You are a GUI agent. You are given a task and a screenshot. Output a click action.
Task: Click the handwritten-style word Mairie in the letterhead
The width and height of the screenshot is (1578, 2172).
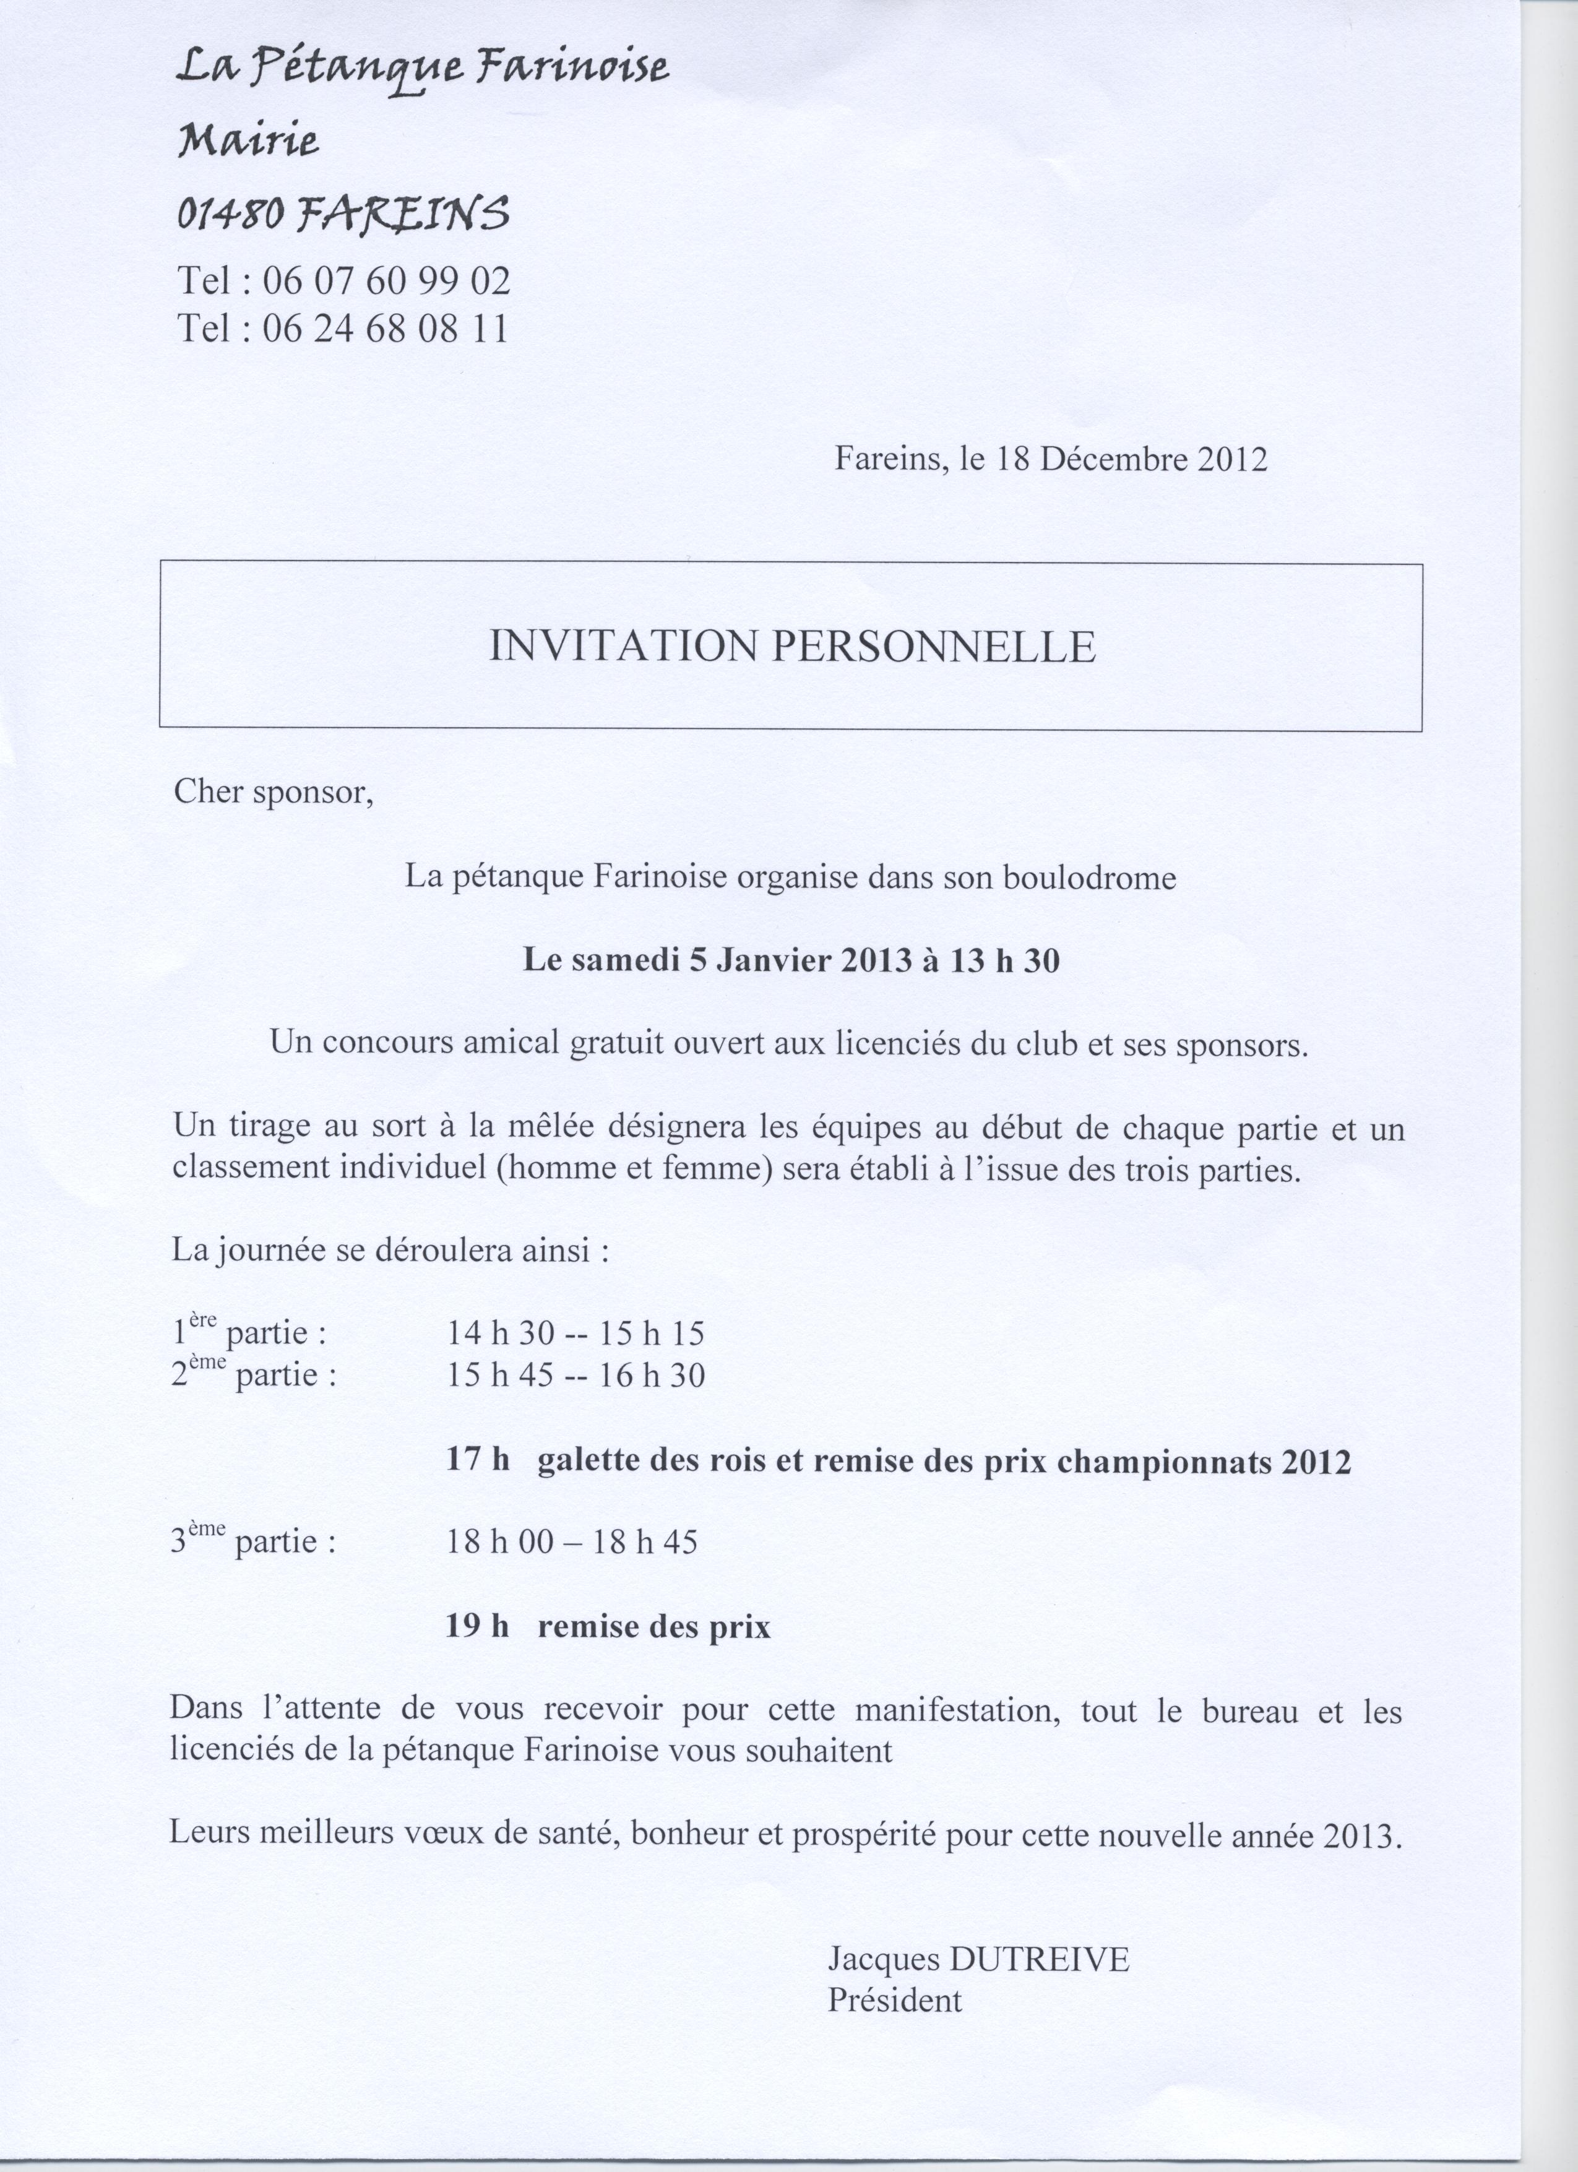pyautogui.click(x=247, y=143)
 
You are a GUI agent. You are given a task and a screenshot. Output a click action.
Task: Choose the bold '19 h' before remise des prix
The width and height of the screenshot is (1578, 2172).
pyautogui.click(x=477, y=1626)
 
